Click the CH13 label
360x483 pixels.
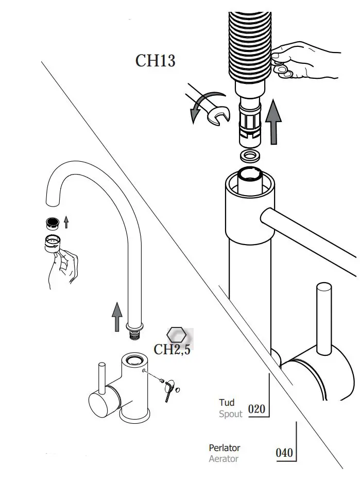pos(155,61)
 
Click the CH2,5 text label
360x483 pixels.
pos(172,350)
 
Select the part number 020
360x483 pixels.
pos(256,409)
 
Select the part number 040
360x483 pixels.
pos(284,453)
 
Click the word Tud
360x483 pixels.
pos(227,402)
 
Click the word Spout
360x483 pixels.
pos(230,413)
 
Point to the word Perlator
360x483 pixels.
pos(224,448)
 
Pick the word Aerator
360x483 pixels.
pos(224,459)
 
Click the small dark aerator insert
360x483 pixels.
pos(52,223)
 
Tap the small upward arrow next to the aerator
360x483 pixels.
pos(66,222)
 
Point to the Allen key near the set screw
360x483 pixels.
pos(169,392)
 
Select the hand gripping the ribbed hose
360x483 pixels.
pos(304,59)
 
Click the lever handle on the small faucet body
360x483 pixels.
pos(102,381)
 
